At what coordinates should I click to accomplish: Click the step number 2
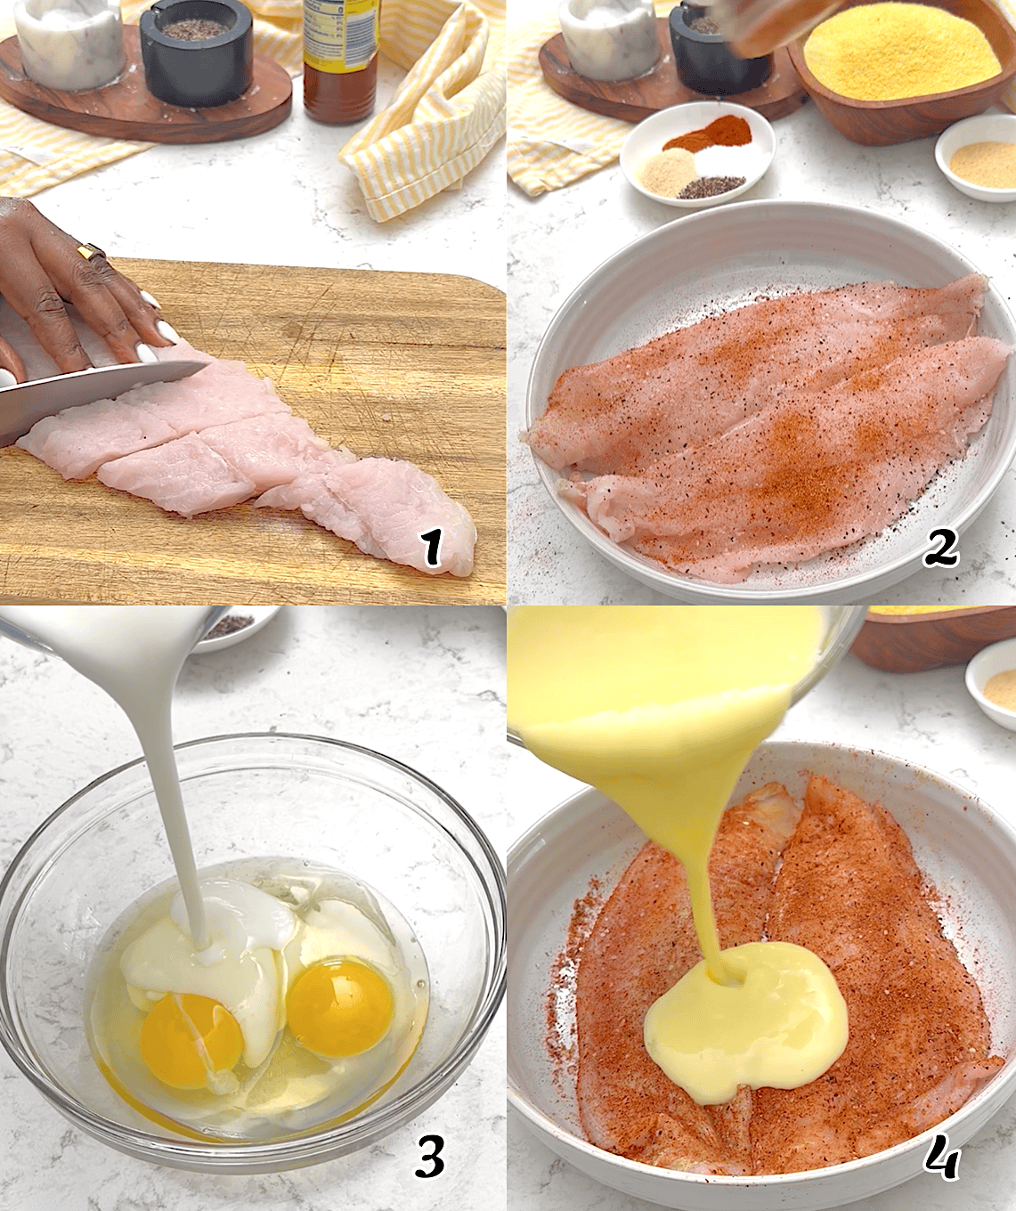pyautogui.click(x=941, y=547)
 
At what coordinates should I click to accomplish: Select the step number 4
pyautogui.click(x=940, y=1158)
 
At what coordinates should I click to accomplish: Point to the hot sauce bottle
pyautogui.click(x=339, y=62)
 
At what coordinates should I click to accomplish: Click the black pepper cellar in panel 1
pyautogui.click(x=192, y=53)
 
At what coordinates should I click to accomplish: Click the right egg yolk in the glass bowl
pyautogui.click(x=340, y=1006)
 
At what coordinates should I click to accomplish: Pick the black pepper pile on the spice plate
pyautogui.click(x=712, y=186)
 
